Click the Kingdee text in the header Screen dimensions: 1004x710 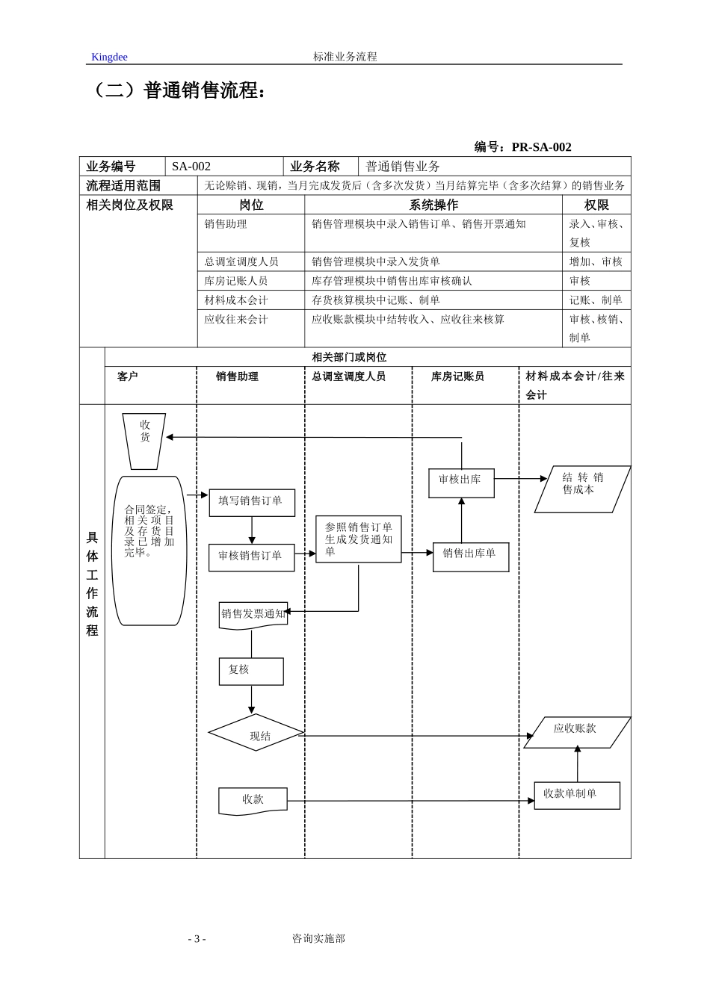[109, 57]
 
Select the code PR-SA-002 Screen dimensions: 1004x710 [541, 147]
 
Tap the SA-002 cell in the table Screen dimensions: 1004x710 [191, 167]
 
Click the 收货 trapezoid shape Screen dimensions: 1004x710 [144, 441]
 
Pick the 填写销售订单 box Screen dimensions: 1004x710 [252, 502]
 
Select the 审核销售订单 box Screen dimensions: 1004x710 [251, 557]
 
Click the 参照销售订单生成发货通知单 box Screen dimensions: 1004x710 [358, 539]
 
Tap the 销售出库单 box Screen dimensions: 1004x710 [470, 557]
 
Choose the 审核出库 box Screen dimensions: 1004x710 [461, 483]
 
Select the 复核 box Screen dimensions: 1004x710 [251, 671]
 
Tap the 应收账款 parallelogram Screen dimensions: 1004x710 [577, 732]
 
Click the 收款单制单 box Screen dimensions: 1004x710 [576, 795]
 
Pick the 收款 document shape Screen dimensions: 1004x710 [253, 800]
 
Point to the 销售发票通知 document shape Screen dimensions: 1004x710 [253, 615]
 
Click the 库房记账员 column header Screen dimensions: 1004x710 [457, 376]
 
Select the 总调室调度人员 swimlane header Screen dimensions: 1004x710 [348, 376]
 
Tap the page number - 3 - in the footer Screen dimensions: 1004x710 [197, 939]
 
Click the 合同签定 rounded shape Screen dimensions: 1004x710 [149, 550]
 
